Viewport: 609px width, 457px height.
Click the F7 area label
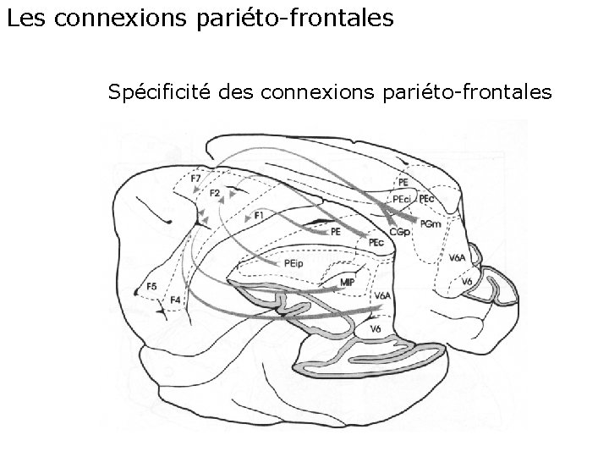[x=195, y=179]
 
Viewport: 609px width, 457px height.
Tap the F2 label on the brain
[x=215, y=194]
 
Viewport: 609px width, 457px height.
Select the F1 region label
[x=259, y=217]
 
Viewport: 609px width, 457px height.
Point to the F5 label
[x=151, y=287]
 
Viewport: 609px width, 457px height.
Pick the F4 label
[x=175, y=300]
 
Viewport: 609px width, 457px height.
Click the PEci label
[x=402, y=198]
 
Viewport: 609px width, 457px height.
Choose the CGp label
[x=399, y=232]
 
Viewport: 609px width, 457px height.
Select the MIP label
[x=347, y=282]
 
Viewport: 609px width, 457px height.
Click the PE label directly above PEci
[x=403, y=181]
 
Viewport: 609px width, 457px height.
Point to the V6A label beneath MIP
[x=382, y=296]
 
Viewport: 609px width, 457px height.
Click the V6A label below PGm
[x=458, y=256]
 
